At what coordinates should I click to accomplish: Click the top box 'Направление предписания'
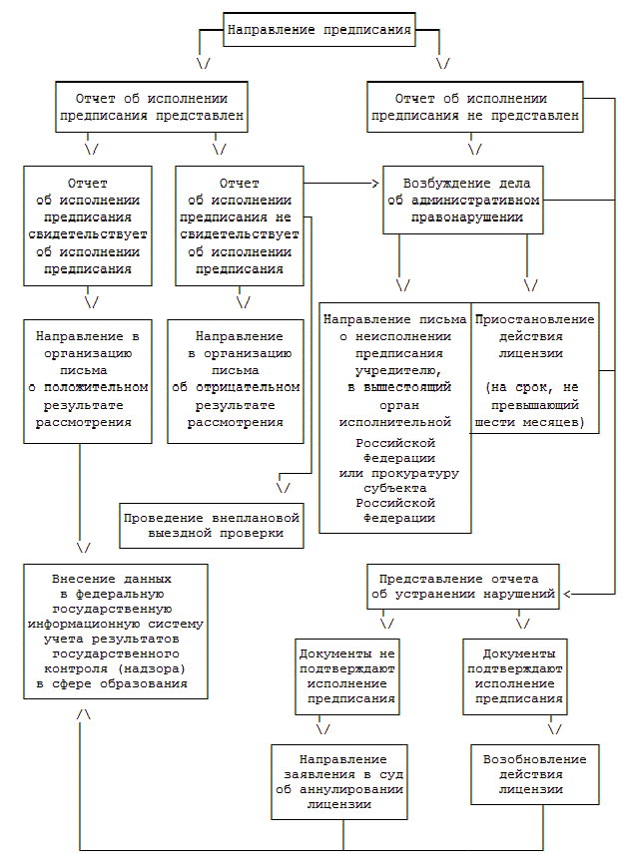coord(319,30)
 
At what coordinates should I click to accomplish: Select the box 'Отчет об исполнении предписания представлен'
coord(151,107)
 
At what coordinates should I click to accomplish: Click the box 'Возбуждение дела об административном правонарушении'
coord(463,200)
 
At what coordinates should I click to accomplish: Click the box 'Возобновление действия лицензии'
coord(534,774)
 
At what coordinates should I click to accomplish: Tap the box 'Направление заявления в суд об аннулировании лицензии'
coord(341,781)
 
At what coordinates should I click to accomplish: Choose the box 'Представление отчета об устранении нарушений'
coord(463,587)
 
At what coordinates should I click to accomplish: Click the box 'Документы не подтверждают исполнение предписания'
coord(347,676)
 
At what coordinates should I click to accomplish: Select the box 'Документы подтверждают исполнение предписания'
coord(515,676)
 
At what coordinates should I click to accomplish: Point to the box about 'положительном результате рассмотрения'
coord(88,380)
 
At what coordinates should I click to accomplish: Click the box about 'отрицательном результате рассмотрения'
coord(236,380)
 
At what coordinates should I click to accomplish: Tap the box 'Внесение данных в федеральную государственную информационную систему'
coord(116,633)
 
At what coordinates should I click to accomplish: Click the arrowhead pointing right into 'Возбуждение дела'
coord(377,183)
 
